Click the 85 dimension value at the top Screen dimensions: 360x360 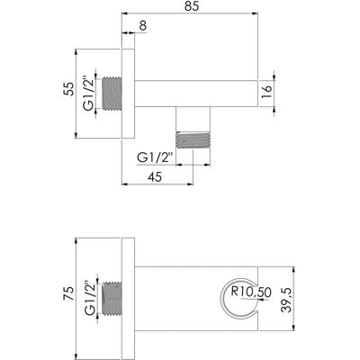pos(192,6)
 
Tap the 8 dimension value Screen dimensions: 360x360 pos(143,26)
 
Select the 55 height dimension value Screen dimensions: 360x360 pos(68,89)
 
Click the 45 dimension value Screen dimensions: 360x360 pos(155,177)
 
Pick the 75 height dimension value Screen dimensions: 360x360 pos(68,293)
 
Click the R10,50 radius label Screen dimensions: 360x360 pos(251,292)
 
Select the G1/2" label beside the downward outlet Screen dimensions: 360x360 pos(156,157)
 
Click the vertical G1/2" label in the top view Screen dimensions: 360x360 pos(89,94)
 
